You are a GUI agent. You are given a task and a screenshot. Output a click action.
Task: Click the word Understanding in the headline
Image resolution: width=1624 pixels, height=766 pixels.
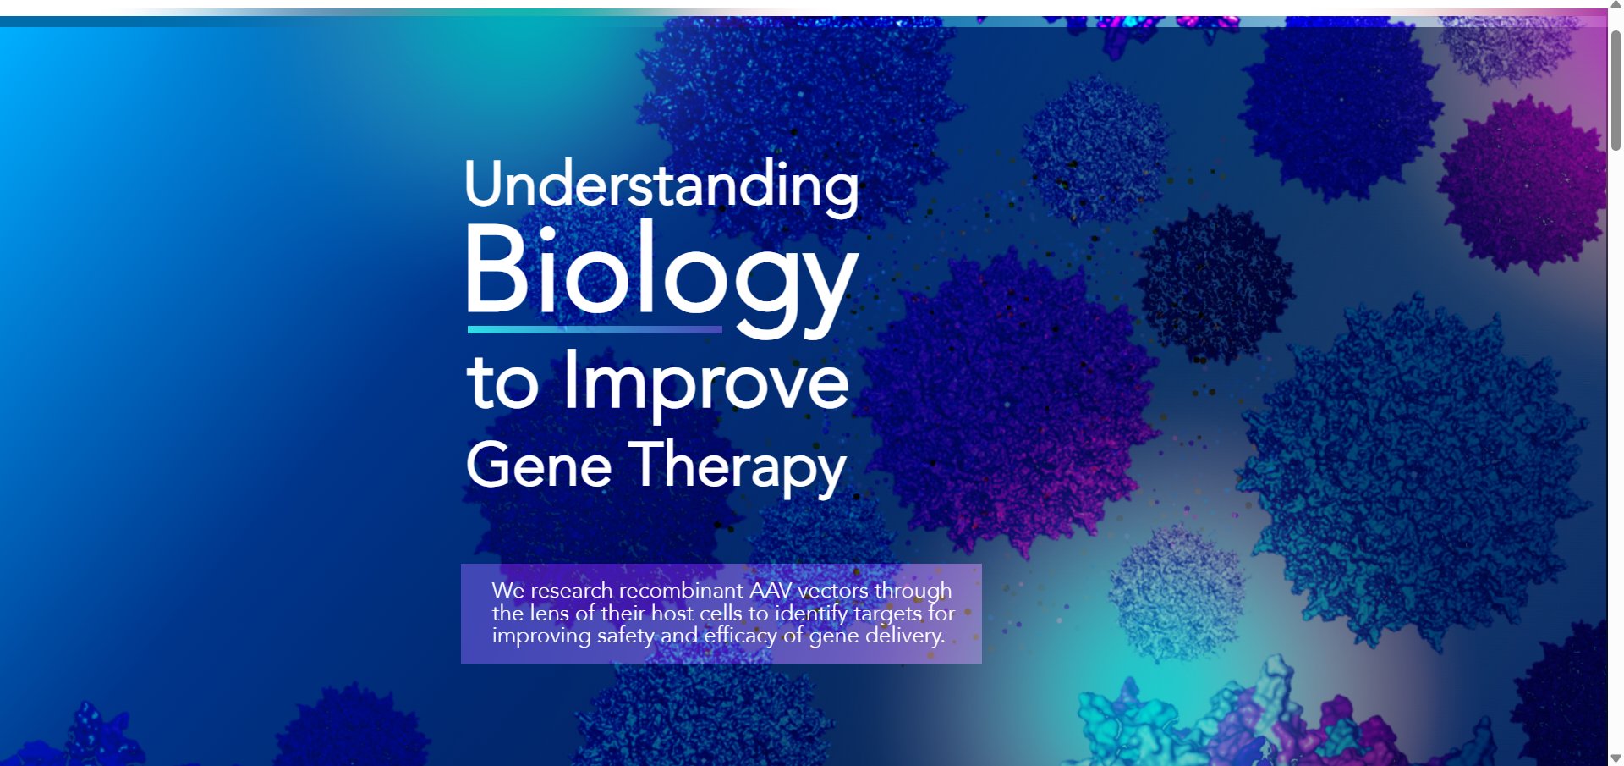tap(661, 185)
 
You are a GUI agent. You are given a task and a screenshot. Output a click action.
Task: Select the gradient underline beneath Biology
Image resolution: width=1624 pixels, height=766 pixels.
tap(595, 329)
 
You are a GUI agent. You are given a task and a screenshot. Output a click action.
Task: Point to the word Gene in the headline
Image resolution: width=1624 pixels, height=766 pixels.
tap(539, 466)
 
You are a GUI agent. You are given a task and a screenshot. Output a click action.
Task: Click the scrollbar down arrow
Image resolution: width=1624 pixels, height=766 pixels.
tap(1616, 758)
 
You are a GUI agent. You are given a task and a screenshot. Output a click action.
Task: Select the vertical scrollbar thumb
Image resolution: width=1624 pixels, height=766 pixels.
tap(1616, 91)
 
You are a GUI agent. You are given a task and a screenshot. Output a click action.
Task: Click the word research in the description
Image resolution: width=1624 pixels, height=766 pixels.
tap(571, 590)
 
